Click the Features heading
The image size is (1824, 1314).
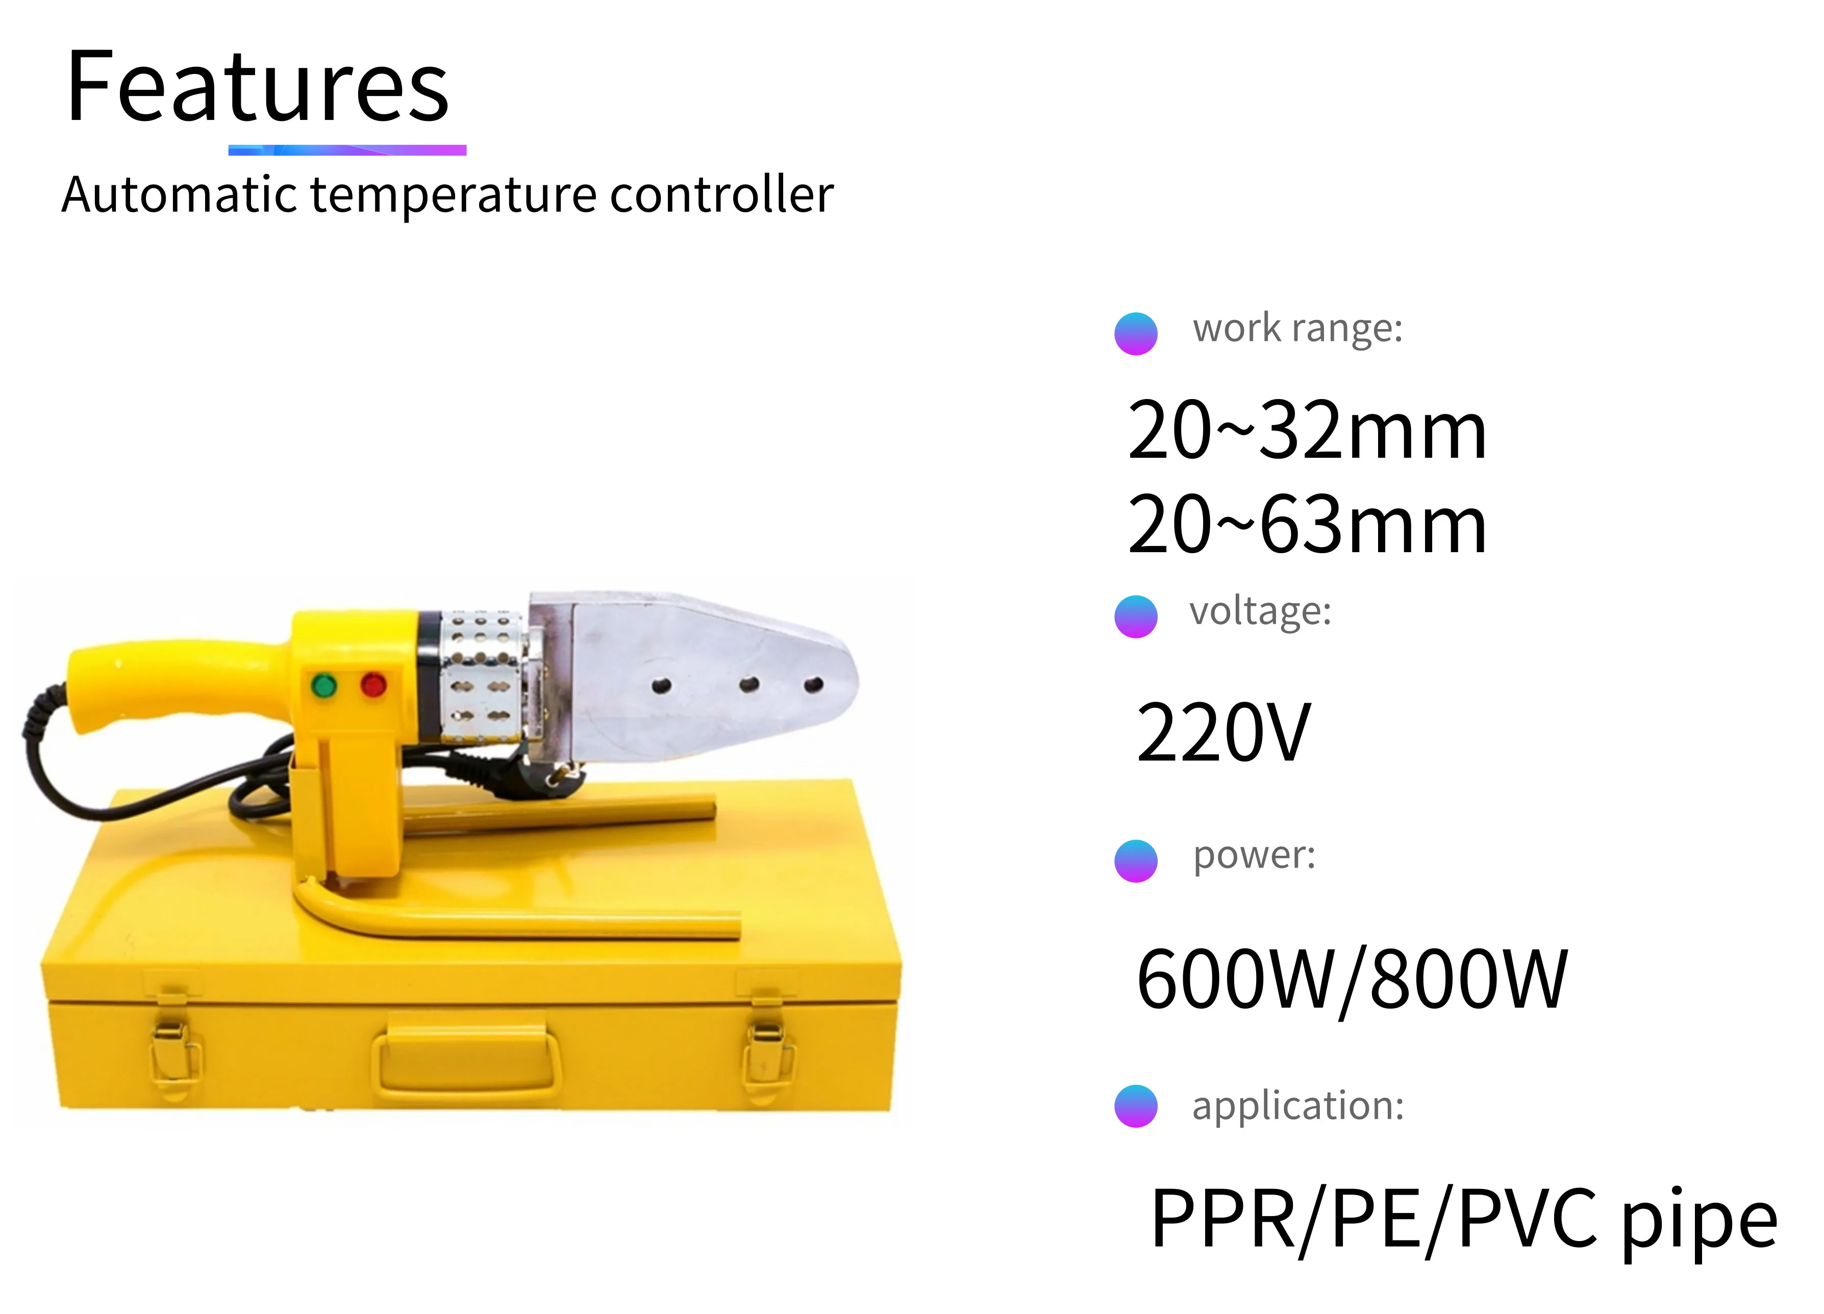(257, 86)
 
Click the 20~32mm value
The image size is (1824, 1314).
(1306, 431)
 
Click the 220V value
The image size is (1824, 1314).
(1222, 733)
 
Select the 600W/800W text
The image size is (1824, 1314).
(1351, 979)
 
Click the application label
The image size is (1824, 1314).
(1297, 1106)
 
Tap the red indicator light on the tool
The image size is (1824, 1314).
(373, 685)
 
